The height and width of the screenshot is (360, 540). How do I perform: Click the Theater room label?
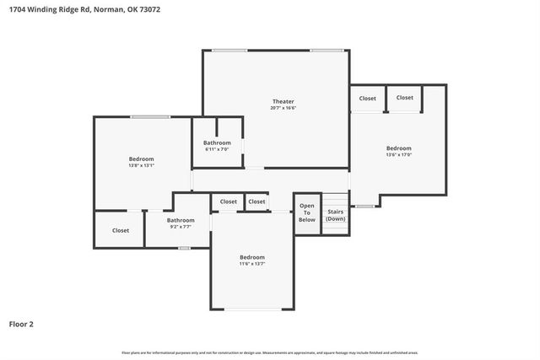click(283, 101)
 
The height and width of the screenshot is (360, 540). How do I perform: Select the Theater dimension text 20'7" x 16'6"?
click(283, 108)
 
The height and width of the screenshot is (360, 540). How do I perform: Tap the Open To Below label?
click(306, 212)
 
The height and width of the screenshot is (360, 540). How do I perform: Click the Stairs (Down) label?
click(336, 215)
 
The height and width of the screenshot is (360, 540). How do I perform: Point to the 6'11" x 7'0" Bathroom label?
click(217, 142)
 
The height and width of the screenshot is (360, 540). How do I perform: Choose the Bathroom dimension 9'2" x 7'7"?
click(181, 227)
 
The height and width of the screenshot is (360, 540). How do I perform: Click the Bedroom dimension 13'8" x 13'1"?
click(141, 165)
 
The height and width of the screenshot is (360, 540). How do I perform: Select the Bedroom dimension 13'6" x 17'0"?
click(398, 154)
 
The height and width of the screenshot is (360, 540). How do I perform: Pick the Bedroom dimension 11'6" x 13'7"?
click(251, 264)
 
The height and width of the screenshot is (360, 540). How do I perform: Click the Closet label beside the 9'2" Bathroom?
click(121, 230)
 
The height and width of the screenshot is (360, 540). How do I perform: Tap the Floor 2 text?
click(21, 323)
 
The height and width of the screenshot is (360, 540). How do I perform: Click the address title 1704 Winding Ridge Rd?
click(50, 9)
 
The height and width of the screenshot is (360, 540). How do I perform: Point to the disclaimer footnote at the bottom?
click(269, 352)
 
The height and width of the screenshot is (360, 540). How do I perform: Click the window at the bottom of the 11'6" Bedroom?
click(252, 309)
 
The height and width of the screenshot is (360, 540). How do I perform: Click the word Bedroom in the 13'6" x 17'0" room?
click(398, 148)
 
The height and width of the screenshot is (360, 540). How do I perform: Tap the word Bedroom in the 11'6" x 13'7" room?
click(251, 257)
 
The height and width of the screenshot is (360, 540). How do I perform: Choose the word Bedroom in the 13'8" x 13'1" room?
click(141, 159)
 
